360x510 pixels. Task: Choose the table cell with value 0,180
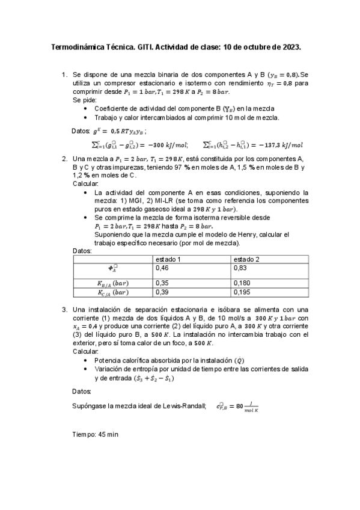click(243, 283)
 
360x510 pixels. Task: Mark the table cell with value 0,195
click(243, 292)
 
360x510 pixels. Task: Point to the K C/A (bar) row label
click(112, 293)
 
